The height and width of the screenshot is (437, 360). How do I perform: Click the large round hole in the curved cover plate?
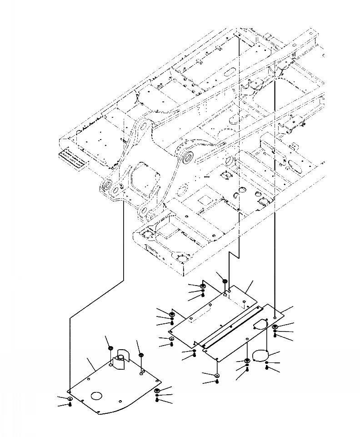tap(96, 396)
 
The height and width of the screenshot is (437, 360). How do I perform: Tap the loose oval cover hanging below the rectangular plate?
tap(260, 355)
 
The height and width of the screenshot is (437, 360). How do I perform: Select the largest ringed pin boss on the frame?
tap(187, 159)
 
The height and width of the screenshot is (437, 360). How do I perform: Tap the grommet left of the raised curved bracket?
tap(110, 348)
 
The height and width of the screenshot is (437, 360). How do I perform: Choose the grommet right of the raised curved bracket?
tap(141, 355)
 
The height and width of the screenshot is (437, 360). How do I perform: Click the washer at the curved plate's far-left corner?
tap(70, 399)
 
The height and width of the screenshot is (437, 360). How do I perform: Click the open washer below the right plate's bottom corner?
tap(217, 376)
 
